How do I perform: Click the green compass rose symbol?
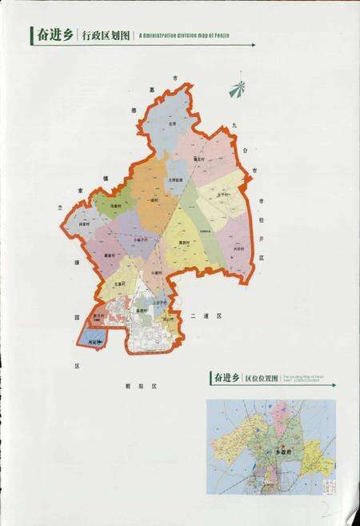tap(237, 86)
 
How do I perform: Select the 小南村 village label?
tap(156, 273)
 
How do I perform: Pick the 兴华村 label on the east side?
tap(238, 249)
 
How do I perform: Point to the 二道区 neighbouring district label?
tap(206, 316)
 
